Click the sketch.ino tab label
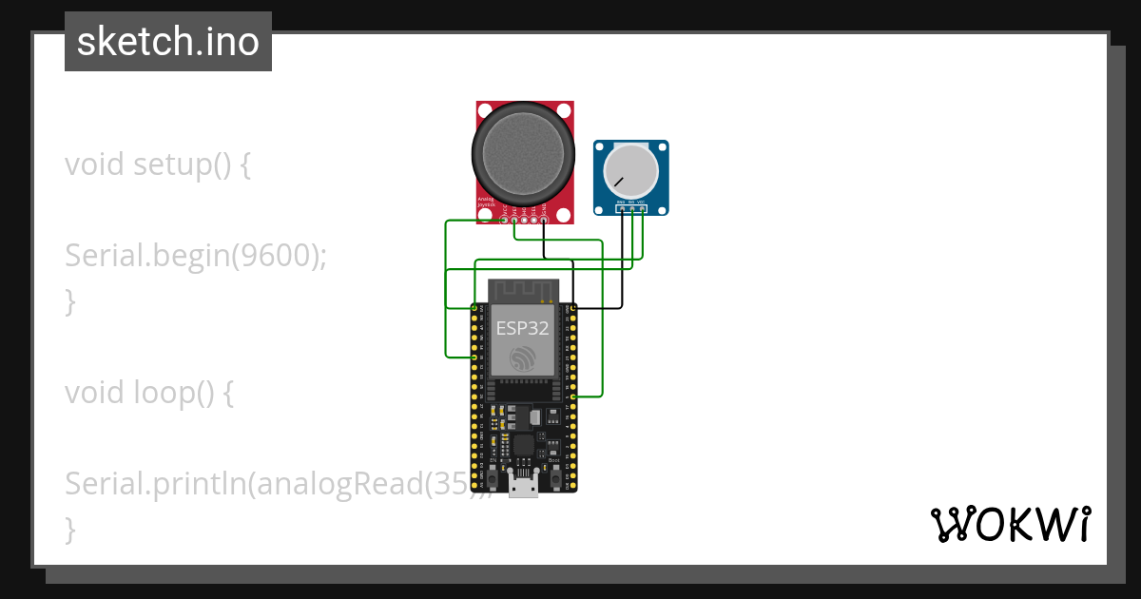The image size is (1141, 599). point(168,42)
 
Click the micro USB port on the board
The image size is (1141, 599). point(521,486)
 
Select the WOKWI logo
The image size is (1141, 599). point(1010,524)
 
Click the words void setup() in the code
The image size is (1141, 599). point(158,164)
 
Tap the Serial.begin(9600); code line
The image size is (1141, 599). point(196,255)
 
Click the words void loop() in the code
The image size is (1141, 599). point(148,392)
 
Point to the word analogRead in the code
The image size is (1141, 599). point(339,483)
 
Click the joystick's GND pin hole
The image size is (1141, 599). point(544,221)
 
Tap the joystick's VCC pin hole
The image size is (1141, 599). point(504,221)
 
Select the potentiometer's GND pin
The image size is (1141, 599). point(622,209)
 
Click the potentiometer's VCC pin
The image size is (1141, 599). point(643,209)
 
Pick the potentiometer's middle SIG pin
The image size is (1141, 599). point(632,209)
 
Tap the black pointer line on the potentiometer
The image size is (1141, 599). point(619,180)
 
